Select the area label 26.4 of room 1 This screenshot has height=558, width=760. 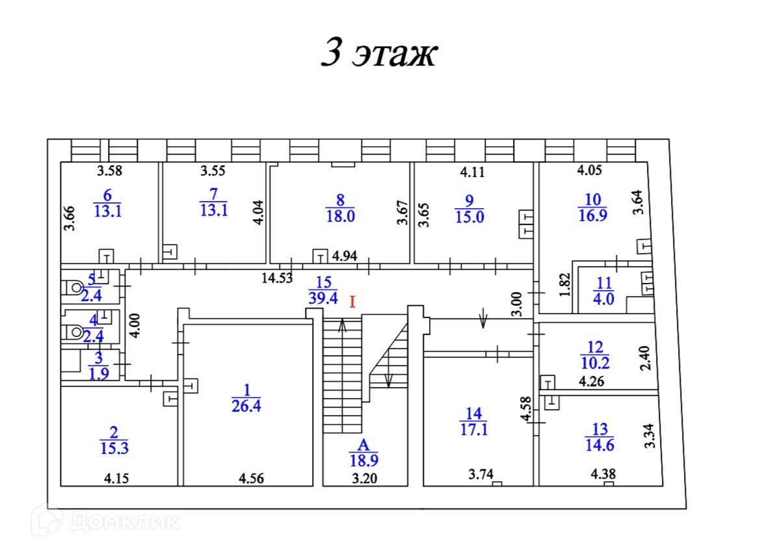(246, 406)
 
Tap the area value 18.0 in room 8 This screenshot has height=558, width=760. (340, 216)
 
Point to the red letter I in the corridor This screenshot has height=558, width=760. (352, 302)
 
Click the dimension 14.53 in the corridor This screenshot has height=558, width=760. (277, 278)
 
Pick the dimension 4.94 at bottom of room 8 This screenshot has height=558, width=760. (345, 256)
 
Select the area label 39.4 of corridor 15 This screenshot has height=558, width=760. (323, 298)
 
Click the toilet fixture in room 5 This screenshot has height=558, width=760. (73, 287)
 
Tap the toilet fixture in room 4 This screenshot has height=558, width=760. (73, 332)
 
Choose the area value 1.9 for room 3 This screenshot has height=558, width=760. (99, 374)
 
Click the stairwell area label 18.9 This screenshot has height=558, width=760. (364, 460)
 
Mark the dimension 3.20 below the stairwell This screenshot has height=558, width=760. (365, 479)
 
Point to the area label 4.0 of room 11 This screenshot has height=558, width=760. (603, 299)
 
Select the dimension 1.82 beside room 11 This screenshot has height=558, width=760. (565, 285)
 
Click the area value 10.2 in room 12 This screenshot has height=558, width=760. (596, 363)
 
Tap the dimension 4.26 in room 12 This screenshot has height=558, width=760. (592, 382)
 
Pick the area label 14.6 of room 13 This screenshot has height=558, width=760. (599, 445)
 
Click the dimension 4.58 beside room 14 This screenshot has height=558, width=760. (526, 409)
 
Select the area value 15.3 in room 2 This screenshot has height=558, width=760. (114, 448)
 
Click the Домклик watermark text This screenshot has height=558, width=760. (124, 522)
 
